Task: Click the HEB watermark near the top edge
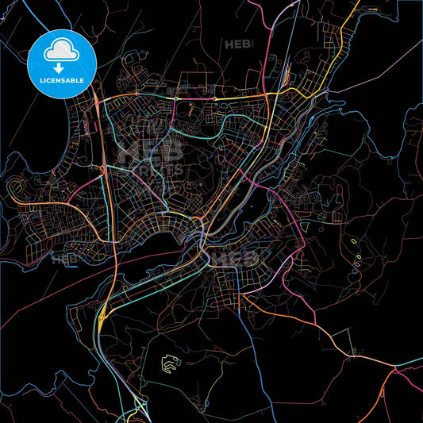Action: pos(237,44)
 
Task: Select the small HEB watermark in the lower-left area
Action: pos(63,258)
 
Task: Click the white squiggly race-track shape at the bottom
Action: pos(169,363)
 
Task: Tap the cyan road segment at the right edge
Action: pos(411,362)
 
